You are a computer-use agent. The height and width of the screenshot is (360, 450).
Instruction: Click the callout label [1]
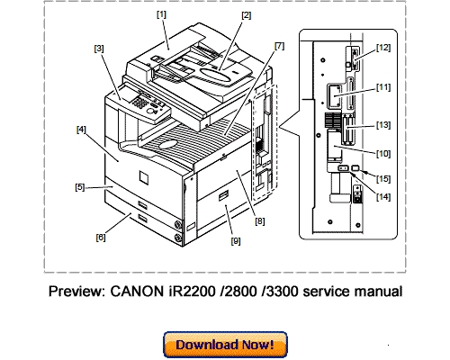coord(162,14)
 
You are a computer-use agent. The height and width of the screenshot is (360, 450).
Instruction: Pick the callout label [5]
coord(80,187)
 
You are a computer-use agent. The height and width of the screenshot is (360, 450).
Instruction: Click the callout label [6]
coord(100,238)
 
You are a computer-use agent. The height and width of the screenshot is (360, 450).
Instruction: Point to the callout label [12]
coord(383,46)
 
